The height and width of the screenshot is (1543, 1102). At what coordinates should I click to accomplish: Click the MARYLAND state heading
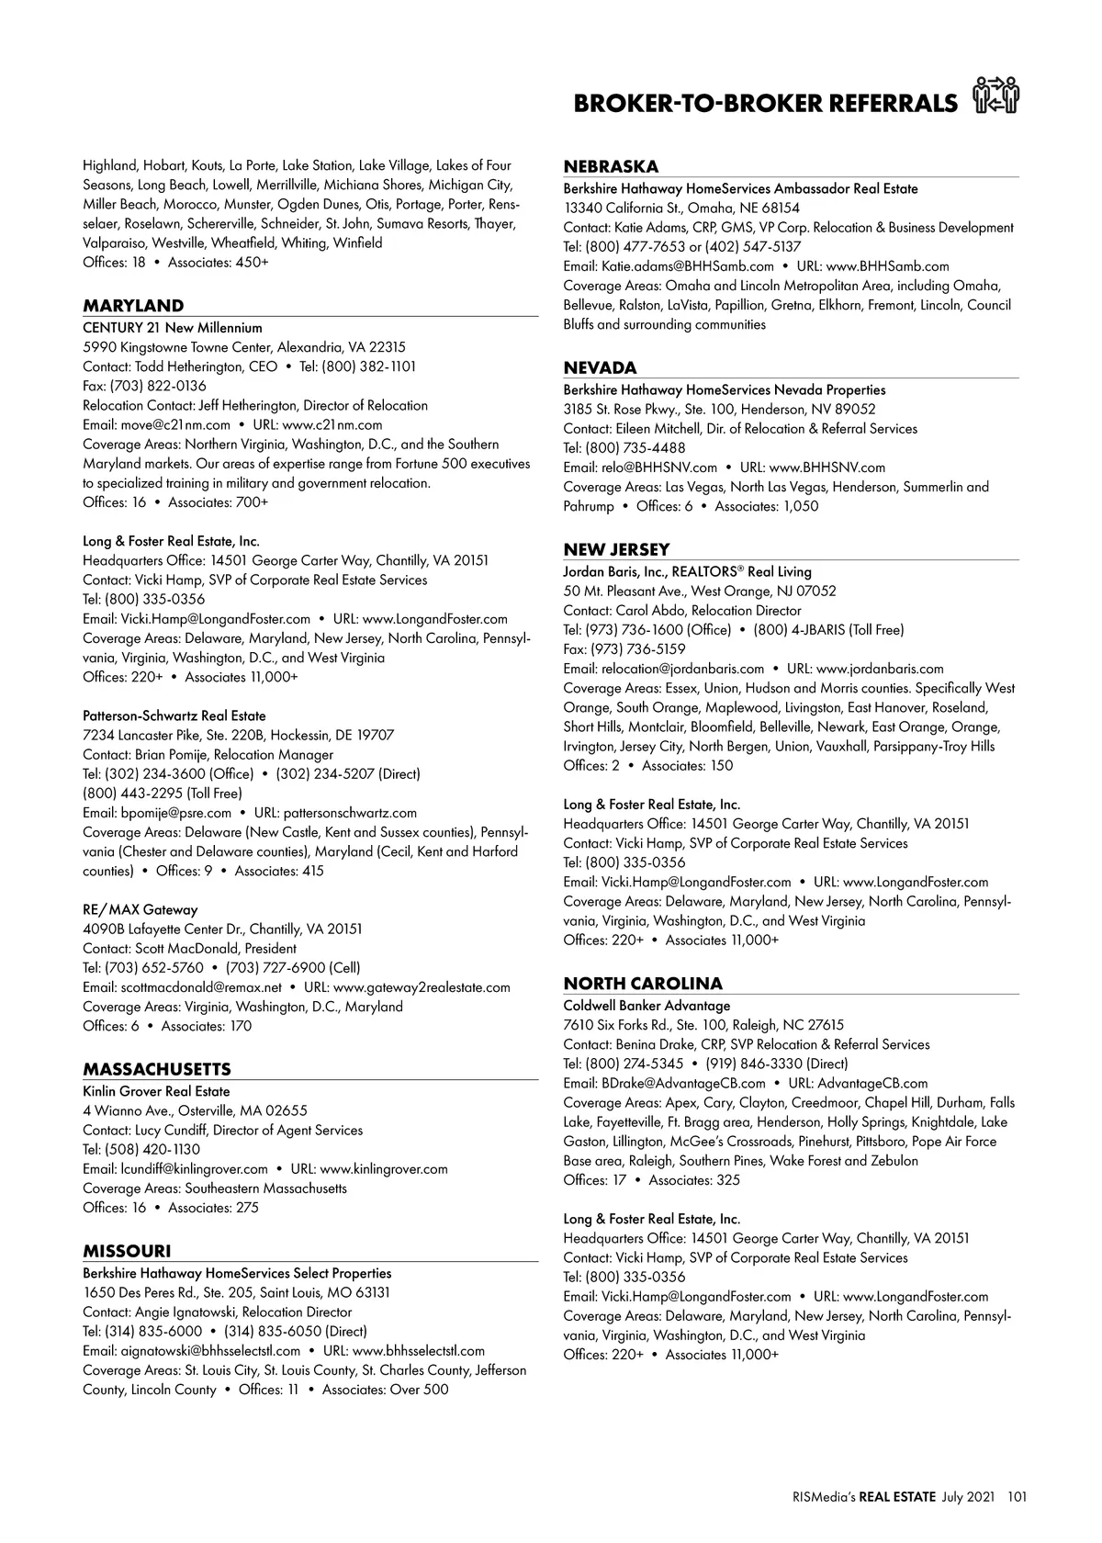pyautogui.click(x=133, y=306)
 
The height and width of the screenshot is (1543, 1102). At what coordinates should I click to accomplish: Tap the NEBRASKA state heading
pyautogui.click(x=611, y=166)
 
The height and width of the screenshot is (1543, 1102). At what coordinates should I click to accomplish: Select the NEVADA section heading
pyautogui.click(x=600, y=367)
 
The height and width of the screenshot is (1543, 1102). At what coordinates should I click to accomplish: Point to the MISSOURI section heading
pyautogui.click(x=127, y=1251)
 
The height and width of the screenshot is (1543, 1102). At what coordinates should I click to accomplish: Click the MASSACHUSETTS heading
pyautogui.click(x=157, y=1069)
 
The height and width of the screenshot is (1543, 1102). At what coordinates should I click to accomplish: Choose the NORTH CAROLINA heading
pyautogui.click(x=643, y=984)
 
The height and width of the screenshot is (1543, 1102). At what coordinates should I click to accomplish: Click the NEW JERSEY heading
pyautogui.click(x=616, y=549)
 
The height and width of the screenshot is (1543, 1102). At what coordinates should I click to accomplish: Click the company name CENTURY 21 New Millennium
pyautogui.click(x=173, y=328)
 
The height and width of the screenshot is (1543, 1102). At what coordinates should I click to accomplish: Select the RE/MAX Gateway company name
pyautogui.click(x=140, y=909)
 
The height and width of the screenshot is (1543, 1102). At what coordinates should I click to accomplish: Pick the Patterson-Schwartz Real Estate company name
pyautogui.click(x=174, y=715)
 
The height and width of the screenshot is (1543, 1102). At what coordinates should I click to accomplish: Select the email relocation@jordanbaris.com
pyautogui.click(x=682, y=669)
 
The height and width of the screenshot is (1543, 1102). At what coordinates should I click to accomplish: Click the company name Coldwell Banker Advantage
pyautogui.click(x=647, y=1006)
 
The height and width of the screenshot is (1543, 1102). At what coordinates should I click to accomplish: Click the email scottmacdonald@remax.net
pyautogui.click(x=201, y=987)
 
